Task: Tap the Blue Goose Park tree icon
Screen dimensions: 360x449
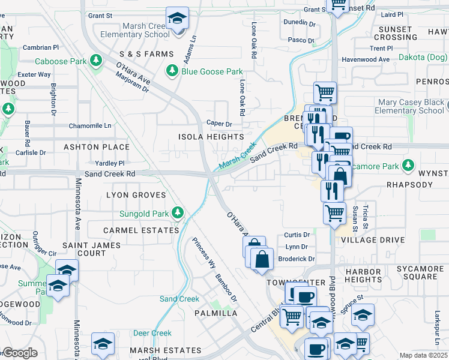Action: (172, 71)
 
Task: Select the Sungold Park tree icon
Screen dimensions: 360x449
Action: (178, 212)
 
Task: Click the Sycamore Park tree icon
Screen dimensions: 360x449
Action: (408, 165)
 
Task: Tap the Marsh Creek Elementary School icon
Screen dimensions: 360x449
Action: (177, 18)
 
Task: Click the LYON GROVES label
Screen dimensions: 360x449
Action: (136, 195)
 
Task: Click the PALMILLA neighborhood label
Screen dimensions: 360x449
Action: (216, 313)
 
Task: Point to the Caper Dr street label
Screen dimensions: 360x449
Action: (219, 123)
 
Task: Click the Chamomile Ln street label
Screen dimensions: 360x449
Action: (90, 125)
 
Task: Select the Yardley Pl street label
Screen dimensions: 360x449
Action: (109, 163)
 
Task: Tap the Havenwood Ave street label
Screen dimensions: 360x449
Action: (366, 59)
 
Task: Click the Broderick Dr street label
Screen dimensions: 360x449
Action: (297, 259)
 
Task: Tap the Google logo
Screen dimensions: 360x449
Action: (19, 353)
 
